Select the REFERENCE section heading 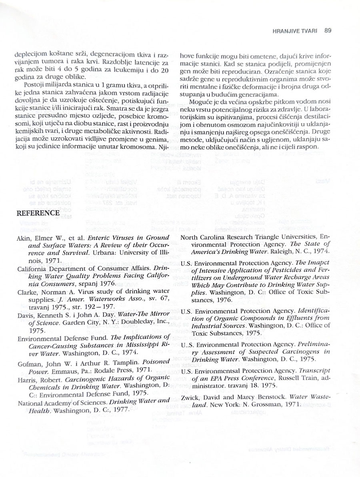point(38,213)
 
